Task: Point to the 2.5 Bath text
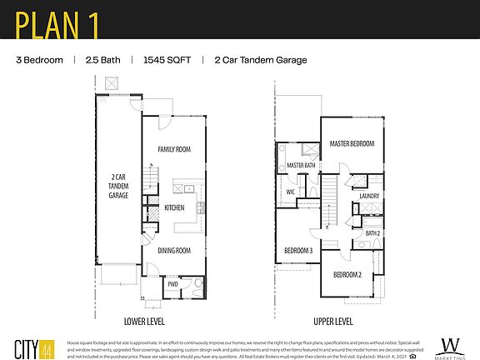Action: click(x=103, y=60)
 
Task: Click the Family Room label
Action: click(x=175, y=149)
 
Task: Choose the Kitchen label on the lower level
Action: click(x=174, y=207)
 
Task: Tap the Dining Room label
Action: click(x=175, y=250)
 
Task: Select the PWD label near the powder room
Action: click(x=172, y=284)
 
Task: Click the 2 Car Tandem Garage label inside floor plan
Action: click(x=118, y=191)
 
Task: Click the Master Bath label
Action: click(x=301, y=166)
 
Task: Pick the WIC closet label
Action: click(x=291, y=192)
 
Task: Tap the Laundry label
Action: click(x=369, y=197)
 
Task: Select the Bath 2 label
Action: click(x=372, y=233)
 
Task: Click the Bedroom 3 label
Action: click(x=298, y=251)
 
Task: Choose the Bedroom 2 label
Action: click(x=347, y=274)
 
